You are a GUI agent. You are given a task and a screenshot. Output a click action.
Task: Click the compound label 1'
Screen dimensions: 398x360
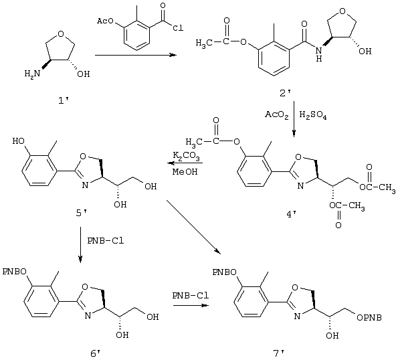point(64,101)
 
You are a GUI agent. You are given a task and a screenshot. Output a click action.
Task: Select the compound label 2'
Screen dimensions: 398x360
point(286,94)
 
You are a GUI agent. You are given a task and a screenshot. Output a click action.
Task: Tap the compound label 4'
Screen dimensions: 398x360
point(291,215)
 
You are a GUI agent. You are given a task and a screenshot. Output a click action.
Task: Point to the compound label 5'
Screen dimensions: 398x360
point(82,213)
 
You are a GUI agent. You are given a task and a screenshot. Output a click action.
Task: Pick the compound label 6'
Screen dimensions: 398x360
point(96,353)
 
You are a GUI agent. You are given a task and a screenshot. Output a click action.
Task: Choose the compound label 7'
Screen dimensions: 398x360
point(279,353)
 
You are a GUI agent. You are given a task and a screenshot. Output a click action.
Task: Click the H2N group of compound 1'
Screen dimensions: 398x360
point(32,74)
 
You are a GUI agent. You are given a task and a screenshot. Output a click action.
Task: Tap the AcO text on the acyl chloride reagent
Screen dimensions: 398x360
point(106,21)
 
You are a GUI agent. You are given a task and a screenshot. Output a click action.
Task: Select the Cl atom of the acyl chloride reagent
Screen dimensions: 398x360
point(178,27)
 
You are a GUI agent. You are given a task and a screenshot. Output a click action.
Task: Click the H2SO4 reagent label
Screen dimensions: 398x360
point(313,115)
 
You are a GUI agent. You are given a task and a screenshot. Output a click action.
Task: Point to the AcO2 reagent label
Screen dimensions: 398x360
point(277,115)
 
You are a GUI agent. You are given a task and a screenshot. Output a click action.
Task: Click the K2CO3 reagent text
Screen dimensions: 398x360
point(187,156)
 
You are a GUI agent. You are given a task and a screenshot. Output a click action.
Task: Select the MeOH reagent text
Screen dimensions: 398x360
point(185,171)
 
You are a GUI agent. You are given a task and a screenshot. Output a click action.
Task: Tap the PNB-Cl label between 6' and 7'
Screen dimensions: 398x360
point(191,296)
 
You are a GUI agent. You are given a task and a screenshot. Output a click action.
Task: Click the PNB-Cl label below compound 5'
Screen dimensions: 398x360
point(106,241)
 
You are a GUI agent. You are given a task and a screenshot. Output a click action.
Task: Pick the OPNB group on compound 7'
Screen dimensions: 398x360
point(369,318)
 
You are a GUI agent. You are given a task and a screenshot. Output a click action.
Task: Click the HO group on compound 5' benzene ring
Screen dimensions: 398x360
point(19,141)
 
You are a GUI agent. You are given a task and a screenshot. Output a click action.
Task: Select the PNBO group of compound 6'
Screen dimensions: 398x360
point(15,272)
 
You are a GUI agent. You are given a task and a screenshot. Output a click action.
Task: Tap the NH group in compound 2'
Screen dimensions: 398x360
point(319,55)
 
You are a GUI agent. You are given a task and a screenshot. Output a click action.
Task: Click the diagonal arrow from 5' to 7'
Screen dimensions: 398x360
point(193,227)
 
